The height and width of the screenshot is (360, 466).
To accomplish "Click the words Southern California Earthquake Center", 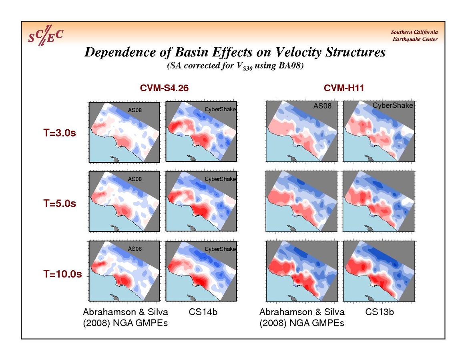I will (414, 36).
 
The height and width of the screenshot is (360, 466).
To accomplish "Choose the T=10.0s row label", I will (62, 274).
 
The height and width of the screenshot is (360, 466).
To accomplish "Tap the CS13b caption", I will (380, 312).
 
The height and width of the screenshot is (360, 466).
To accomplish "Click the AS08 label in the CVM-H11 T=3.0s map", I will (321, 106).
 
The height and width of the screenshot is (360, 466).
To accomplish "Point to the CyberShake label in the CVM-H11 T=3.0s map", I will (393, 106).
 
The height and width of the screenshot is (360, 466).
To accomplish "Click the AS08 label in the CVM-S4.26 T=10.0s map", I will (135, 249).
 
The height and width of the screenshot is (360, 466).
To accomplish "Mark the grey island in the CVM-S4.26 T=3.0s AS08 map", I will (117, 159).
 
